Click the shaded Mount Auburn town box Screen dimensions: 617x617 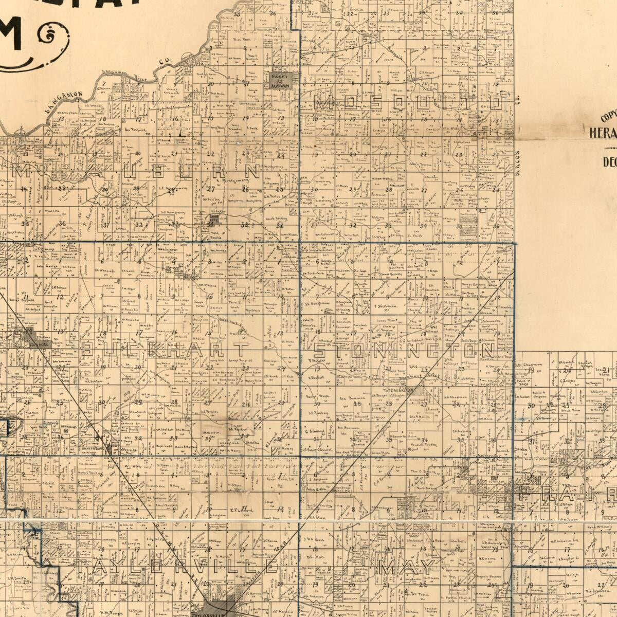(281, 79)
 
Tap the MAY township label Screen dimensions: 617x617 (406, 568)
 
